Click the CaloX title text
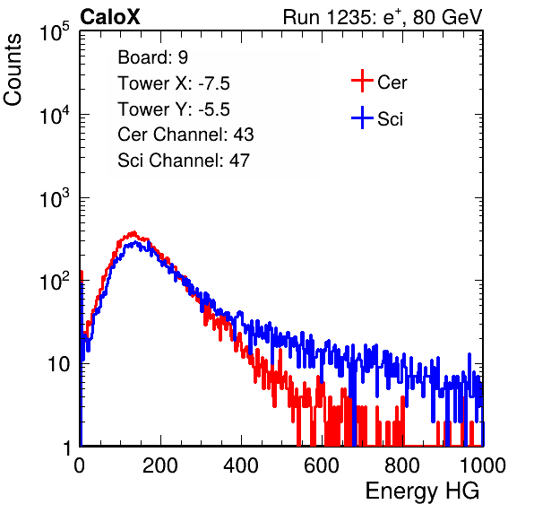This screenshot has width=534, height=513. tap(110, 17)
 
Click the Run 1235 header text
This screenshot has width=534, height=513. tap(383, 17)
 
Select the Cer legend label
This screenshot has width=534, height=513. tap(392, 83)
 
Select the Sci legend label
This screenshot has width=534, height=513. tap(390, 119)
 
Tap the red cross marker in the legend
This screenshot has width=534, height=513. tap(362, 81)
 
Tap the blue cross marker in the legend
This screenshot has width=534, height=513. tap(362, 117)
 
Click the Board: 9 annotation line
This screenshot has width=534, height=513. tap(152, 57)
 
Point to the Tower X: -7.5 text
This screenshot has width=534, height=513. tap(174, 83)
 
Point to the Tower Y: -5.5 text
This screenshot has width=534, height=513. tap(174, 109)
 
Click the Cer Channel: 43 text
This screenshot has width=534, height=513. tap(185, 135)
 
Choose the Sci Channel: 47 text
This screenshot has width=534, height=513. tap(184, 161)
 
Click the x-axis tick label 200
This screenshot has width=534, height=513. tap(160, 465)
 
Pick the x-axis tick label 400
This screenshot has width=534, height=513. tap(241, 465)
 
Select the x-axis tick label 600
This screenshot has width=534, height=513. tap(322, 465)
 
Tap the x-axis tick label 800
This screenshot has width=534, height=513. tap(402, 465)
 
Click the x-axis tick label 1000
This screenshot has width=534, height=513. tap(483, 465)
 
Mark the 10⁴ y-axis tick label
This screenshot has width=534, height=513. tap(55, 115)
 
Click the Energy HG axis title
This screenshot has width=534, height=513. tap(422, 491)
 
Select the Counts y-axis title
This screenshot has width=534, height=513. tap(13, 69)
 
